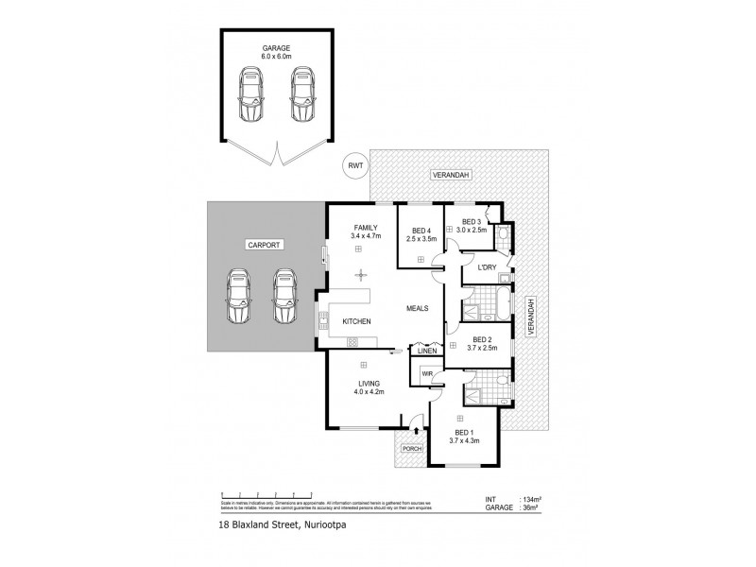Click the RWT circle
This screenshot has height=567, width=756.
coord(353,167)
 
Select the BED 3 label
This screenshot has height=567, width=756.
coord(470,222)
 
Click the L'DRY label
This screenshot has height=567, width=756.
coord(487,267)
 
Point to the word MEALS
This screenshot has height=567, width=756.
coord(419,308)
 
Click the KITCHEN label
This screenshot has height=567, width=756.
coord(356,322)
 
